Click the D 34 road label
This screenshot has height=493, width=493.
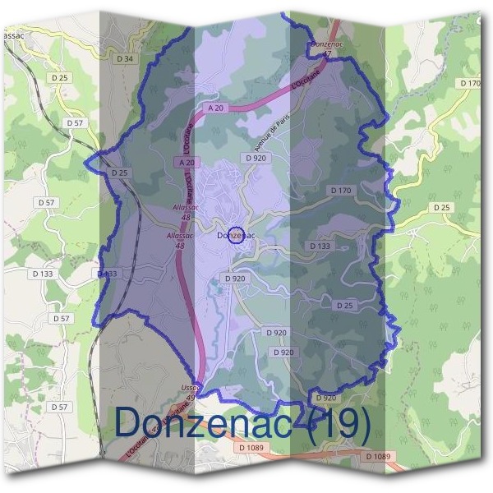[x=125, y=59]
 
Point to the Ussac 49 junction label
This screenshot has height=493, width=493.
[x=190, y=391]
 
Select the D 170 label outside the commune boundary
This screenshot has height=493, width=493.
[x=470, y=84]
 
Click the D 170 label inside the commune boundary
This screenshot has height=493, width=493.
[x=341, y=191]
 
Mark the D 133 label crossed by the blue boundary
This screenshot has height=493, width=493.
[x=108, y=274]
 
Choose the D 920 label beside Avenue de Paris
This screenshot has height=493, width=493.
[x=256, y=157]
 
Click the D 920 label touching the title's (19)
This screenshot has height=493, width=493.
[x=325, y=398]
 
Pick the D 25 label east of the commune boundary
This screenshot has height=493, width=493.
[x=442, y=207]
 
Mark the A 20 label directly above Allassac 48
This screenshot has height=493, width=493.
[x=187, y=163]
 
